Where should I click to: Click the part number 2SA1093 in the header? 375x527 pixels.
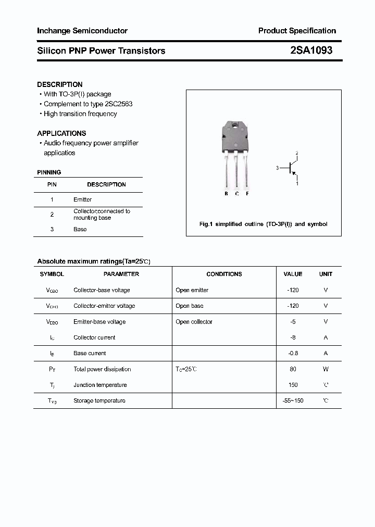311,51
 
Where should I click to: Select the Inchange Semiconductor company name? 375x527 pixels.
82,31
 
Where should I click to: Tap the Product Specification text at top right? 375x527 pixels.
297,31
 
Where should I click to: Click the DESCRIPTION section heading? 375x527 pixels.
60,84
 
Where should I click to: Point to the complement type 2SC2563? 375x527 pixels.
120,104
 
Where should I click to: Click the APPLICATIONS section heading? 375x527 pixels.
61,133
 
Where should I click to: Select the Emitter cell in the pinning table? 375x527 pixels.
82,199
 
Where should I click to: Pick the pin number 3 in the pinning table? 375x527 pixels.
52,229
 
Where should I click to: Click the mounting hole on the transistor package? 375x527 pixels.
236,127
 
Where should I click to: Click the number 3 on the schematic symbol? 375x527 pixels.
278,168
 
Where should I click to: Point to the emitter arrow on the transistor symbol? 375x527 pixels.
294,174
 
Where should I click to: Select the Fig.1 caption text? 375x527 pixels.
264,224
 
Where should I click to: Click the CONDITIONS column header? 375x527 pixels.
224,274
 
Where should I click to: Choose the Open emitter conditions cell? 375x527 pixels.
192,290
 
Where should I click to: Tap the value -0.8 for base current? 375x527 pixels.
293,353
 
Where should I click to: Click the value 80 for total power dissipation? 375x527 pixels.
293,369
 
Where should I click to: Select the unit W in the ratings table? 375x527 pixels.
326,369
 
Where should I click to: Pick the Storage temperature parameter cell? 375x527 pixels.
99,400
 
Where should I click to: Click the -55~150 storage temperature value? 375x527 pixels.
293,400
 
